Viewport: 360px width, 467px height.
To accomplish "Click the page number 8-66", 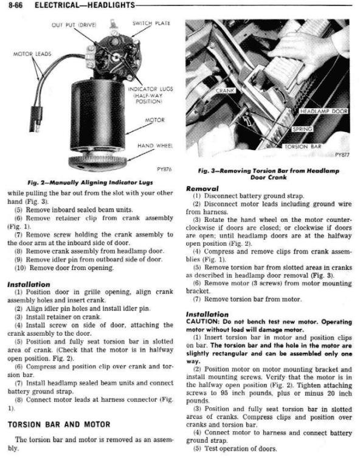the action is (x=15, y=5).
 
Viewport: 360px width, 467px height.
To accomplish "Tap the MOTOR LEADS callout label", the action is (x=32, y=54).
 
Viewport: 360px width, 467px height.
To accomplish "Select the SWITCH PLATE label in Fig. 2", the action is (x=151, y=23).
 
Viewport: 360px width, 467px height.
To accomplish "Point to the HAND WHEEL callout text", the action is (x=155, y=146).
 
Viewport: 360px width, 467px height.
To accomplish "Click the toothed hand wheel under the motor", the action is (x=98, y=161).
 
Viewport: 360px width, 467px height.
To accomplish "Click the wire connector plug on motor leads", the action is (x=36, y=119).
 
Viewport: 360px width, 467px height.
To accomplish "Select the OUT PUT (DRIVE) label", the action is (x=74, y=25).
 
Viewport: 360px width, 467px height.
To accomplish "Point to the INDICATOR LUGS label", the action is (x=150, y=89).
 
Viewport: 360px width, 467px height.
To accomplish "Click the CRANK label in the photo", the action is (x=225, y=91).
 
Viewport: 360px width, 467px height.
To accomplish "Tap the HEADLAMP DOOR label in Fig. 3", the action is (x=324, y=111).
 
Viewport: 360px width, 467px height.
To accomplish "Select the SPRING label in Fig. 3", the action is (x=302, y=129).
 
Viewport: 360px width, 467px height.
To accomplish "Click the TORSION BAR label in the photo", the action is (x=303, y=147).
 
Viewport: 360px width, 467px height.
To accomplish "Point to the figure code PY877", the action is (x=342, y=155).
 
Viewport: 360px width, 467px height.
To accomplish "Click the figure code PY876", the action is (x=164, y=170).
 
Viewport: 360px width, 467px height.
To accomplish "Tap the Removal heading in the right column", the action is (x=202, y=189).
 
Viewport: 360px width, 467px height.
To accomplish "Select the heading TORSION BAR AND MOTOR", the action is (x=59, y=424).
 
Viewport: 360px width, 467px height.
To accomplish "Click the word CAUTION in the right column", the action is (x=201, y=322).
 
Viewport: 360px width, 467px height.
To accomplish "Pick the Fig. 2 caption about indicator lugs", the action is (x=90, y=182).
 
